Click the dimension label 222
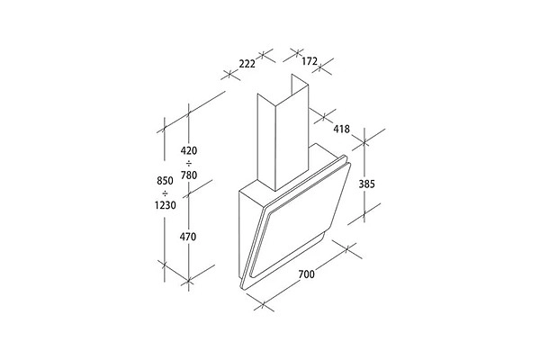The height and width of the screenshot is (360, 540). tap(247, 64)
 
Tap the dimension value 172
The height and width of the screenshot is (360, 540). tap(309, 61)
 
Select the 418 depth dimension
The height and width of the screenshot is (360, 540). tap(341, 129)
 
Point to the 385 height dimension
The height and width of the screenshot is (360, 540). tap(366, 184)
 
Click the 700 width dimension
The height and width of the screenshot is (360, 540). tap(306, 274)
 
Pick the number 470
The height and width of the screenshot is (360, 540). tap(188, 237)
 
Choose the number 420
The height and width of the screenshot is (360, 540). tap(189, 150)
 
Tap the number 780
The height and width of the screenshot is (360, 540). tap(189, 175)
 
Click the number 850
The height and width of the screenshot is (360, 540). tap(165, 181)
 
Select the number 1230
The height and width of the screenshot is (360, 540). tap(165, 205)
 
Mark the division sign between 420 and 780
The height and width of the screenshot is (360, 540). tap(189, 163)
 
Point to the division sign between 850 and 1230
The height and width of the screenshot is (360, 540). tap(165, 193)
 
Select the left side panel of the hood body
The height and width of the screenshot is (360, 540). tap(247, 234)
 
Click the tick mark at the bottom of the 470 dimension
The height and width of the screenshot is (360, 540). tap(188, 281)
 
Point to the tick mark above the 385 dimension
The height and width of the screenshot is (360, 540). tap(364, 141)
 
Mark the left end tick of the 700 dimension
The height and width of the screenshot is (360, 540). tap(263, 304)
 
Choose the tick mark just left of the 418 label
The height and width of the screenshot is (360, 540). tap(324, 116)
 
